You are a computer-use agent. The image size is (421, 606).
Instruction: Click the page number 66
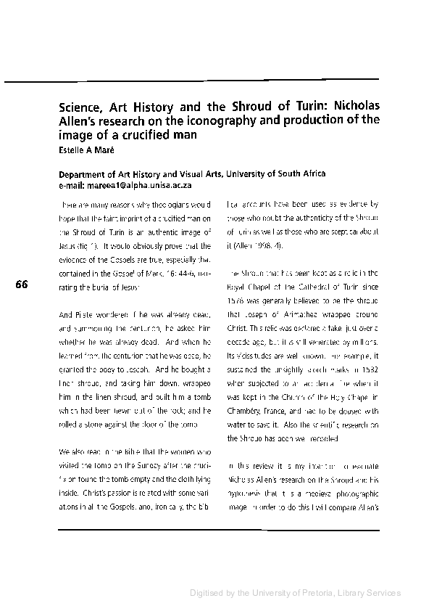tap(21, 285)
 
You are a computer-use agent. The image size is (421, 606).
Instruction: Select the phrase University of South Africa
tap(276, 174)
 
